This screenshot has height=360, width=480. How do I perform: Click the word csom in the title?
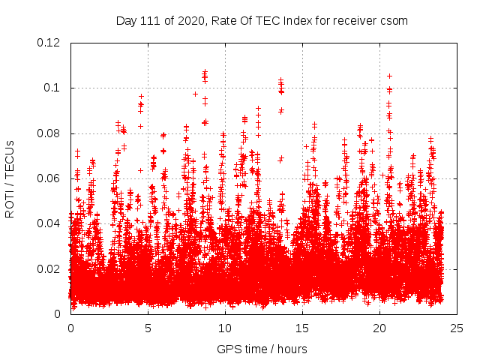tap(394, 20)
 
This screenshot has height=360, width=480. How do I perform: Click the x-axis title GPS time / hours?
tap(262, 349)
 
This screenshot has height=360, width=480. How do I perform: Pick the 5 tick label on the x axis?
tap(148, 328)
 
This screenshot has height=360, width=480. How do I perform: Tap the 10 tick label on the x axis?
tap(225, 328)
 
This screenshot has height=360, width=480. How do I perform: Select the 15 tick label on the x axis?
tap(302, 328)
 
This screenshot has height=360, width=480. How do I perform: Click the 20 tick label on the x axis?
tap(379, 328)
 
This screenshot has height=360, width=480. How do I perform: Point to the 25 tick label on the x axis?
tap(457, 328)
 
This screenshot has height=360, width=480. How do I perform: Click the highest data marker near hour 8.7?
tap(205, 72)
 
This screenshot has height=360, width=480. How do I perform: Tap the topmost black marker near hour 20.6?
tap(389, 76)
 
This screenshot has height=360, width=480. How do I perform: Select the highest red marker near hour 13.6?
tap(280, 79)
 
